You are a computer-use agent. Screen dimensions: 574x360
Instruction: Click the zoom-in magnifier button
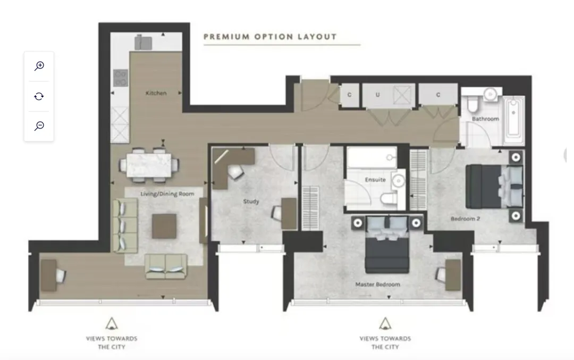pos(39,66)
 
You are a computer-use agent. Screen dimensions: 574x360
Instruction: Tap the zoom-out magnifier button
pos(39,126)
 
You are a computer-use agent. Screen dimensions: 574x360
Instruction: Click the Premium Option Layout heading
pos(270,37)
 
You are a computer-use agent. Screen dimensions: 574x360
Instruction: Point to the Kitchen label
pos(156,93)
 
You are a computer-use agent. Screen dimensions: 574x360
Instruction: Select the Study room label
pos(251,202)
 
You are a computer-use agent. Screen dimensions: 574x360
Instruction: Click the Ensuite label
pos(375,180)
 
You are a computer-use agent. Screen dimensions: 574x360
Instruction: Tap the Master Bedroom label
pos(378,284)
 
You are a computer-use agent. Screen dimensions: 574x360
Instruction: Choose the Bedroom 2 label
pos(465,219)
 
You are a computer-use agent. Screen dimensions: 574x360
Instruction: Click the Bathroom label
pos(485,119)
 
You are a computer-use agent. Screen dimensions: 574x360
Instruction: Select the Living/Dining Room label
pos(167,194)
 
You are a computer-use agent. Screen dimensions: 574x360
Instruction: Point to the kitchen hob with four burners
pos(121,78)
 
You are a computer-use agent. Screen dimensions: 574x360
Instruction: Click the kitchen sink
pos(143,43)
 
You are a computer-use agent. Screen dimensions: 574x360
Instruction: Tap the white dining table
pos(149,165)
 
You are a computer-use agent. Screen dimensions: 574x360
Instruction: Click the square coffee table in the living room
pos(164,227)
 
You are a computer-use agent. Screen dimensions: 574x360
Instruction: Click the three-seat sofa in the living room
pos(124,225)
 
